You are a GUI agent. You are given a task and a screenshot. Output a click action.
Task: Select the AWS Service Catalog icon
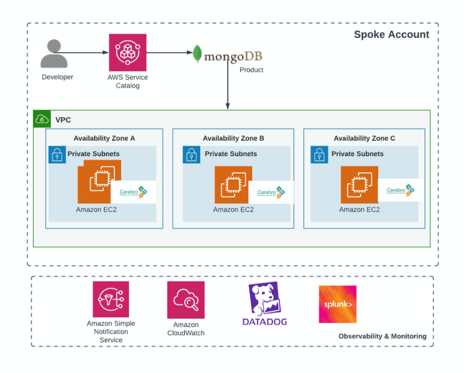[x=128, y=53]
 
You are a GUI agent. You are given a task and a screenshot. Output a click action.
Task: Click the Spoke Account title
[x=392, y=35]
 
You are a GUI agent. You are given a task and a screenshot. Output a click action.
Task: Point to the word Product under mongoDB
[x=251, y=70]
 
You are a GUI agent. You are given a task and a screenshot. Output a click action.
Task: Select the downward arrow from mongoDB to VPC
[x=228, y=85]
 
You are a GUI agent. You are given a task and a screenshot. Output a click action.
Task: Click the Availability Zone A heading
[x=104, y=138]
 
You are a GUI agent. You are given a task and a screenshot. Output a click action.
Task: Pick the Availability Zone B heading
[x=233, y=138]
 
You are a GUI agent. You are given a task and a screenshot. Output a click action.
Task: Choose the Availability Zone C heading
[x=364, y=138]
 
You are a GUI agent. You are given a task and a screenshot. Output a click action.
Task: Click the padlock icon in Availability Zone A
[x=57, y=155]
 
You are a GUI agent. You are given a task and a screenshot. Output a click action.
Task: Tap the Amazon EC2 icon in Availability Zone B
[x=233, y=184]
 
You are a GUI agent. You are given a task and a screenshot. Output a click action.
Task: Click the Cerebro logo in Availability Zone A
[x=133, y=192]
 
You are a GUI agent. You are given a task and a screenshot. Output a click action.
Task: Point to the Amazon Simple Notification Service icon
[x=111, y=299]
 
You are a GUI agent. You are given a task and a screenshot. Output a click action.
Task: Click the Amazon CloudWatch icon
[x=185, y=300]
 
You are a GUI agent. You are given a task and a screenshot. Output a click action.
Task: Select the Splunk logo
[x=337, y=304]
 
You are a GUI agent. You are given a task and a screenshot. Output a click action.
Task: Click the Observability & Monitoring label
[x=382, y=336]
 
